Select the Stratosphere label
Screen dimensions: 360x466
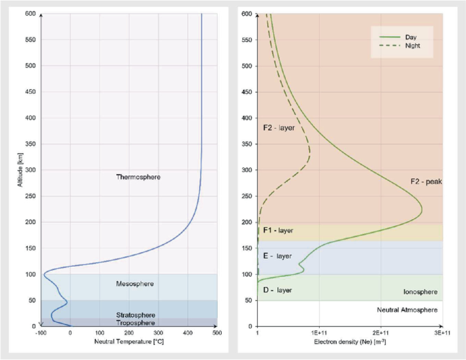136,315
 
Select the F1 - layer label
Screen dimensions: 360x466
278,231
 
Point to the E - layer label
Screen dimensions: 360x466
277,256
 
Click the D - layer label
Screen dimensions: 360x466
277,291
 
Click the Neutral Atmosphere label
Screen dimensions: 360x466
407,310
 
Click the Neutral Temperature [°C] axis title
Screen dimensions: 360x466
129,341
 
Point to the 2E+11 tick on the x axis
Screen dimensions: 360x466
381,333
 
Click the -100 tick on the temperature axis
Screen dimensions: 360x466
41,333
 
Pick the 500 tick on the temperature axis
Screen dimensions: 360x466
216,333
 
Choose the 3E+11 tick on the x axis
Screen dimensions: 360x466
442,333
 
